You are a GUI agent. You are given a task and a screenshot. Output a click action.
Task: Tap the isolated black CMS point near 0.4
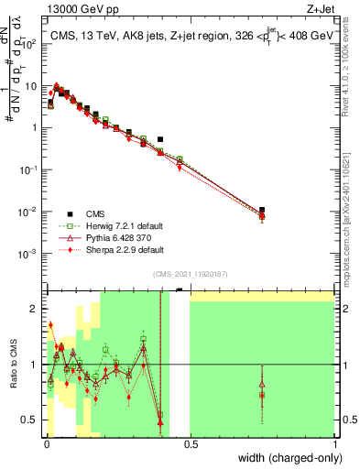tap(160, 139)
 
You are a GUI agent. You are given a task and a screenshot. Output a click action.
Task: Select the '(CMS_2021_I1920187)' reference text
tap(190, 274)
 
